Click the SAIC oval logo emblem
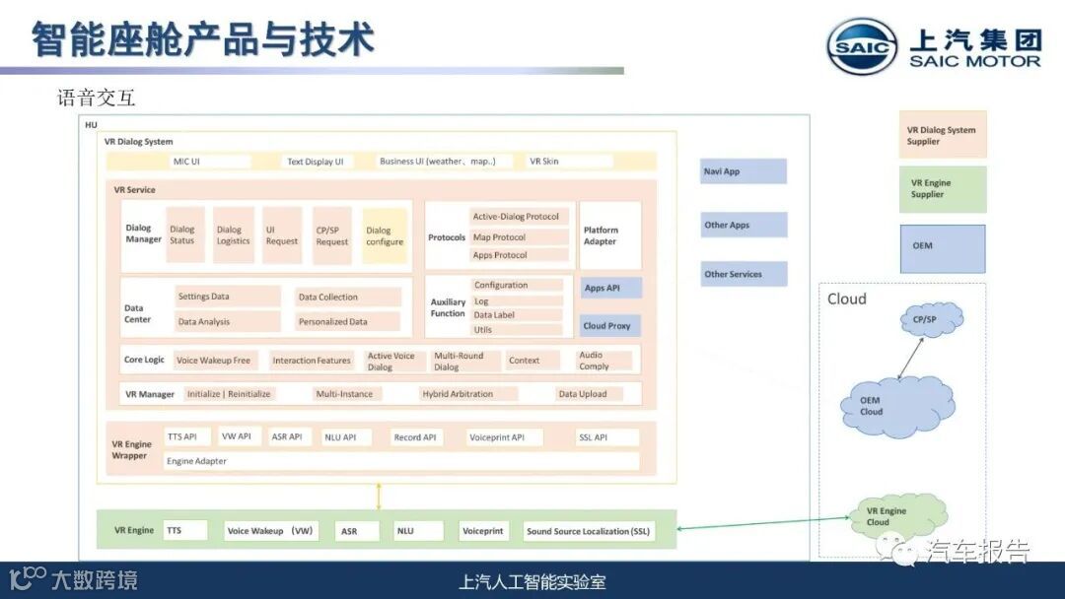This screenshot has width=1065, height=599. pyautogui.click(x=862, y=46)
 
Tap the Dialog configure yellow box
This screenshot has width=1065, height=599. pyautogui.click(x=385, y=236)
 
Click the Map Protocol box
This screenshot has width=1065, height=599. pyautogui.click(x=520, y=237)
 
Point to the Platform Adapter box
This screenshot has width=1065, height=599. pyautogui.click(x=610, y=235)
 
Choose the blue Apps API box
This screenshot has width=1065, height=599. pyautogui.click(x=610, y=289)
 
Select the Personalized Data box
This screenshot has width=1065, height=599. pyautogui.click(x=348, y=321)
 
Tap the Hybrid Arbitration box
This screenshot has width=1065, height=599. pyautogui.click(x=466, y=394)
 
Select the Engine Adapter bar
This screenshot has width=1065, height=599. pyautogui.click(x=400, y=461)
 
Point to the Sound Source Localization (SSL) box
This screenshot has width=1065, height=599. pyautogui.click(x=588, y=531)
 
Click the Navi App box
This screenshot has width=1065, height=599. pyautogui.click(x=744, y=171)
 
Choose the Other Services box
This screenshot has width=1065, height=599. pyautogui.click(x=744, y=275)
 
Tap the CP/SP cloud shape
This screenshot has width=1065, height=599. pyautogui.click(x=931, y=319)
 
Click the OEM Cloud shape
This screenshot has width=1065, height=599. pyautogui.click(x=895, y=405)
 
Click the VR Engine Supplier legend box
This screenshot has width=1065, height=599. pyautogui.click(x=942, y=189)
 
